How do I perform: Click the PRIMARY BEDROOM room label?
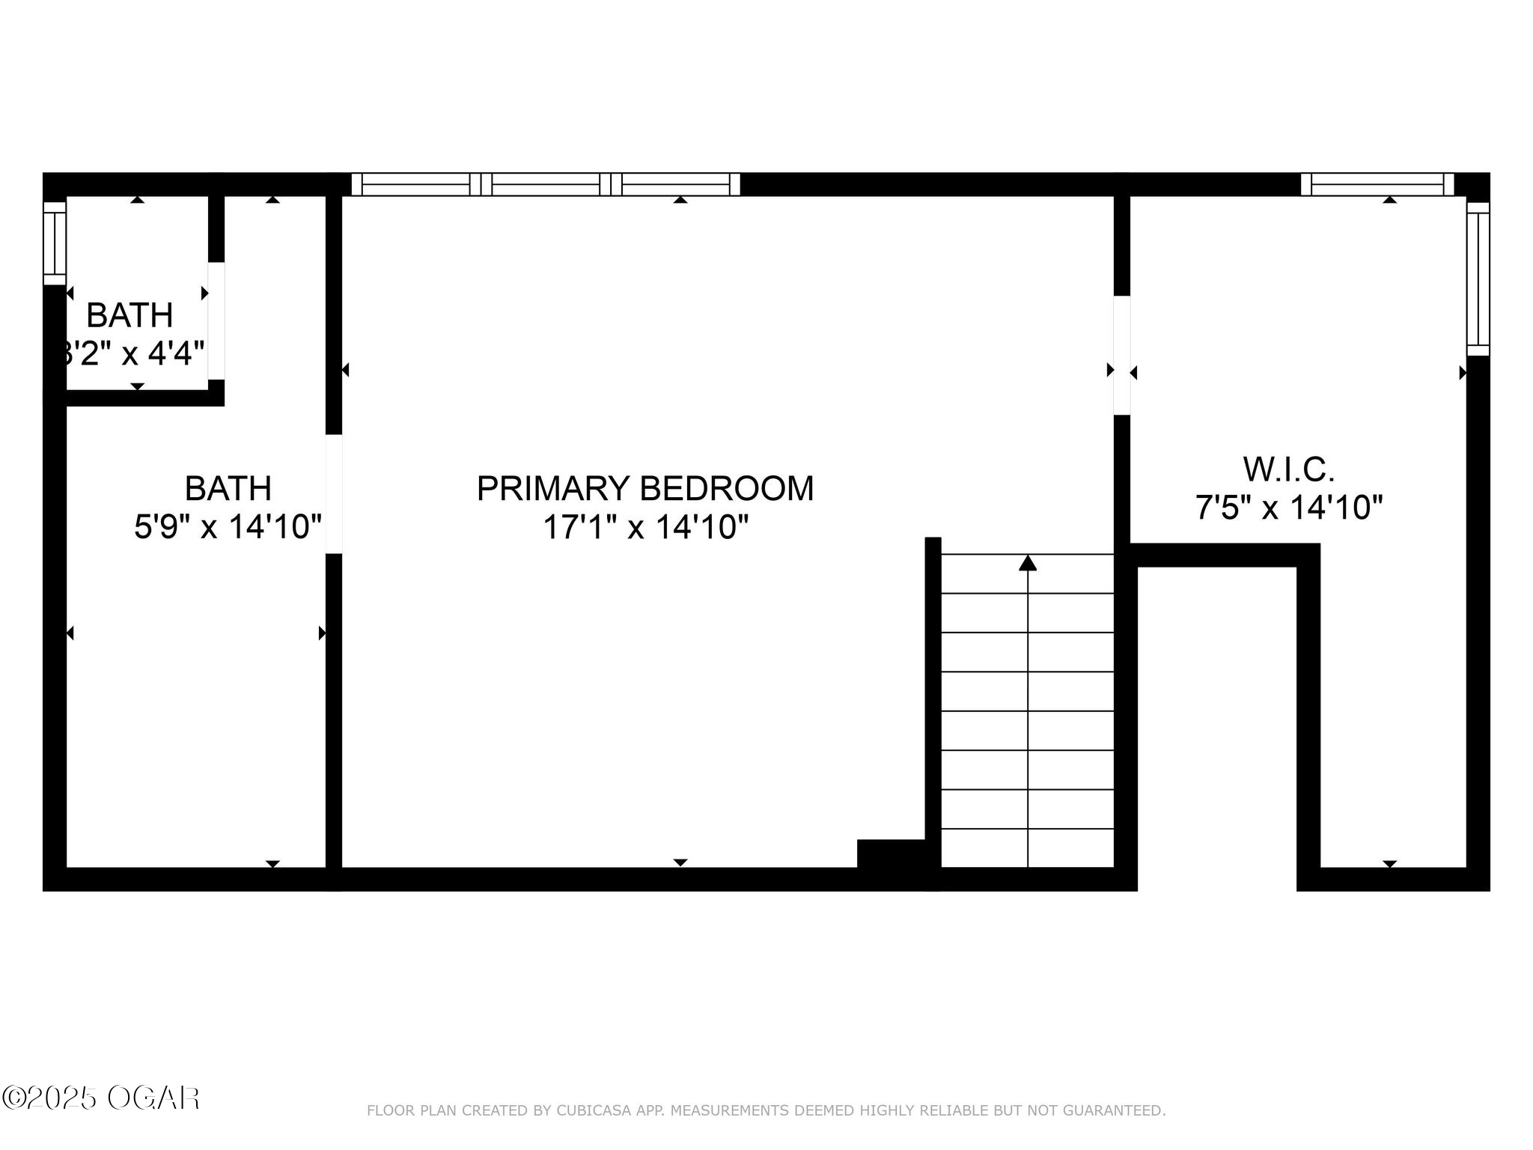(x=644, y=489)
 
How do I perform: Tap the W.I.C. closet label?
(x=1289, y=470)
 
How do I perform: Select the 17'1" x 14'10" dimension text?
(x=645, y=527)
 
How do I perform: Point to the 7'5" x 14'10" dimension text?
(x=1288, y=508)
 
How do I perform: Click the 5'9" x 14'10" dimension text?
(x=228, y=527)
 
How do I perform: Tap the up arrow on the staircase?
(x=1028, y=563)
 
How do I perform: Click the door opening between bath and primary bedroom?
(x=334, y=494)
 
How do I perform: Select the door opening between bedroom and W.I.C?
(x=1121, y=356)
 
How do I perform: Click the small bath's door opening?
(x=216, y=320)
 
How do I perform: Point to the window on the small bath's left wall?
(x=55, y=243)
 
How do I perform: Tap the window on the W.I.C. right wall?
(x=1478, y=279)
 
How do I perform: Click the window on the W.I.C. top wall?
(x=1377, y=184)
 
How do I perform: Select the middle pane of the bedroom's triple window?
(x=546, y=184)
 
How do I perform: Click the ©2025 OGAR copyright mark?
(x=100, y=1098)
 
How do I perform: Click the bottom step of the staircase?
(x=1027, y=848)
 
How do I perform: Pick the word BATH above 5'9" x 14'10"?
(x=228, y=489)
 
